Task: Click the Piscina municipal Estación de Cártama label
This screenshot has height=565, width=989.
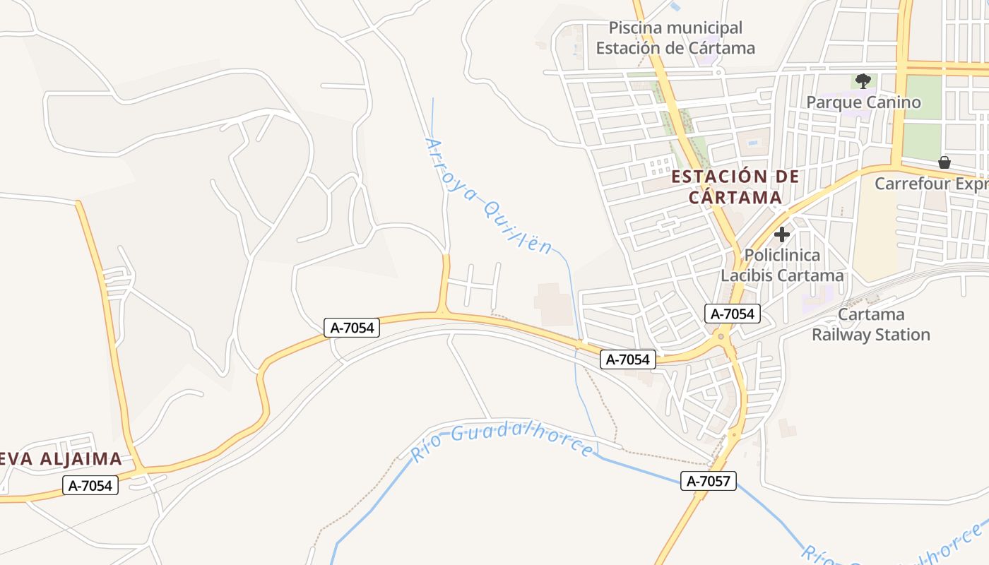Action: coord(675,38)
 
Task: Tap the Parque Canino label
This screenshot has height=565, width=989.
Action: coord(863,102)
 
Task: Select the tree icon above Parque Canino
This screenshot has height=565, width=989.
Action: coord(863,81)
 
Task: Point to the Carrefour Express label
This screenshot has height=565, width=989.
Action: coord(931,184)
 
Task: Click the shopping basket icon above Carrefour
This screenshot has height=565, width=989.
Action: coord(944,162)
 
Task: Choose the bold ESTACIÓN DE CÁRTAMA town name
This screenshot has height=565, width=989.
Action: coord(735,186)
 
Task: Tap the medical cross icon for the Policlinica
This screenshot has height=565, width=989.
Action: coord(782,234)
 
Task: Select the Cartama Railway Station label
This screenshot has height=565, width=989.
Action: coord(870,324)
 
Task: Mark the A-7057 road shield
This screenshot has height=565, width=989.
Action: coord(709,482)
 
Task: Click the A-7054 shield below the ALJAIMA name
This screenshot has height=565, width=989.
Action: coord(90,486)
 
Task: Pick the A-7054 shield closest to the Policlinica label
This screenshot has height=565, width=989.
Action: coord(732,314)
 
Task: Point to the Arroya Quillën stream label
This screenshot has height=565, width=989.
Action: coord(488,196)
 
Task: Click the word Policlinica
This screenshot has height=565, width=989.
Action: coord(782,255)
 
